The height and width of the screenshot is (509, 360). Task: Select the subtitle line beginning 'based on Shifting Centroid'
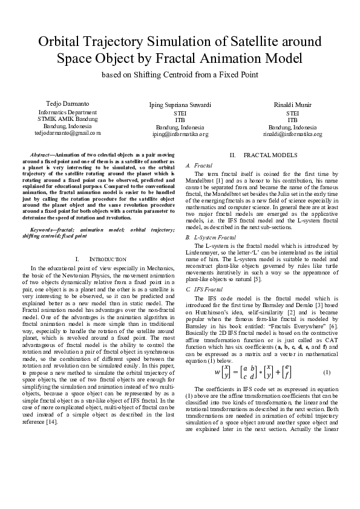tap(180, 74)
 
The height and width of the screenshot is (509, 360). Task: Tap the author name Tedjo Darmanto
tap(67, 105)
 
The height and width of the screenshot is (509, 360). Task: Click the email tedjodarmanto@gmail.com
tap(67, 131)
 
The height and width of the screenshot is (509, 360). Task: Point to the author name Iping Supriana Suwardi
tap(180, 105)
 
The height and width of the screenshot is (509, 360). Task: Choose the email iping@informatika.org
tap(180, 134)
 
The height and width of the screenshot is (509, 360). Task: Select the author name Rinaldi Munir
tap(292, 105)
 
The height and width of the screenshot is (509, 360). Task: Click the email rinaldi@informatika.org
tap(292, 134)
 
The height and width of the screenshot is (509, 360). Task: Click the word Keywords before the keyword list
tap(42, 230)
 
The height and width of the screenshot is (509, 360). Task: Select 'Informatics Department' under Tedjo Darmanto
tap(67, 112)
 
